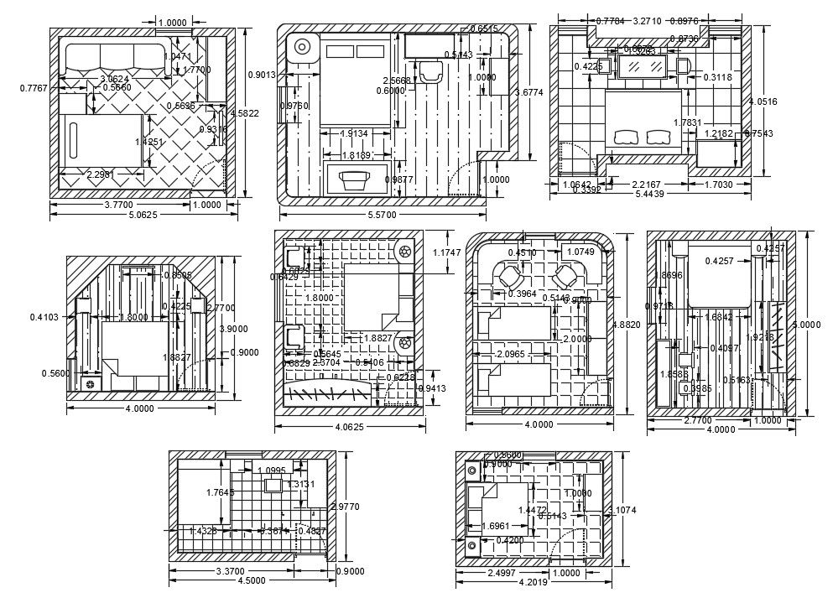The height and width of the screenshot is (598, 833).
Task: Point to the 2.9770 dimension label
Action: point(347,507)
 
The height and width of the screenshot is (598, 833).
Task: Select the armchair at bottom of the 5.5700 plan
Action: point(356,179)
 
